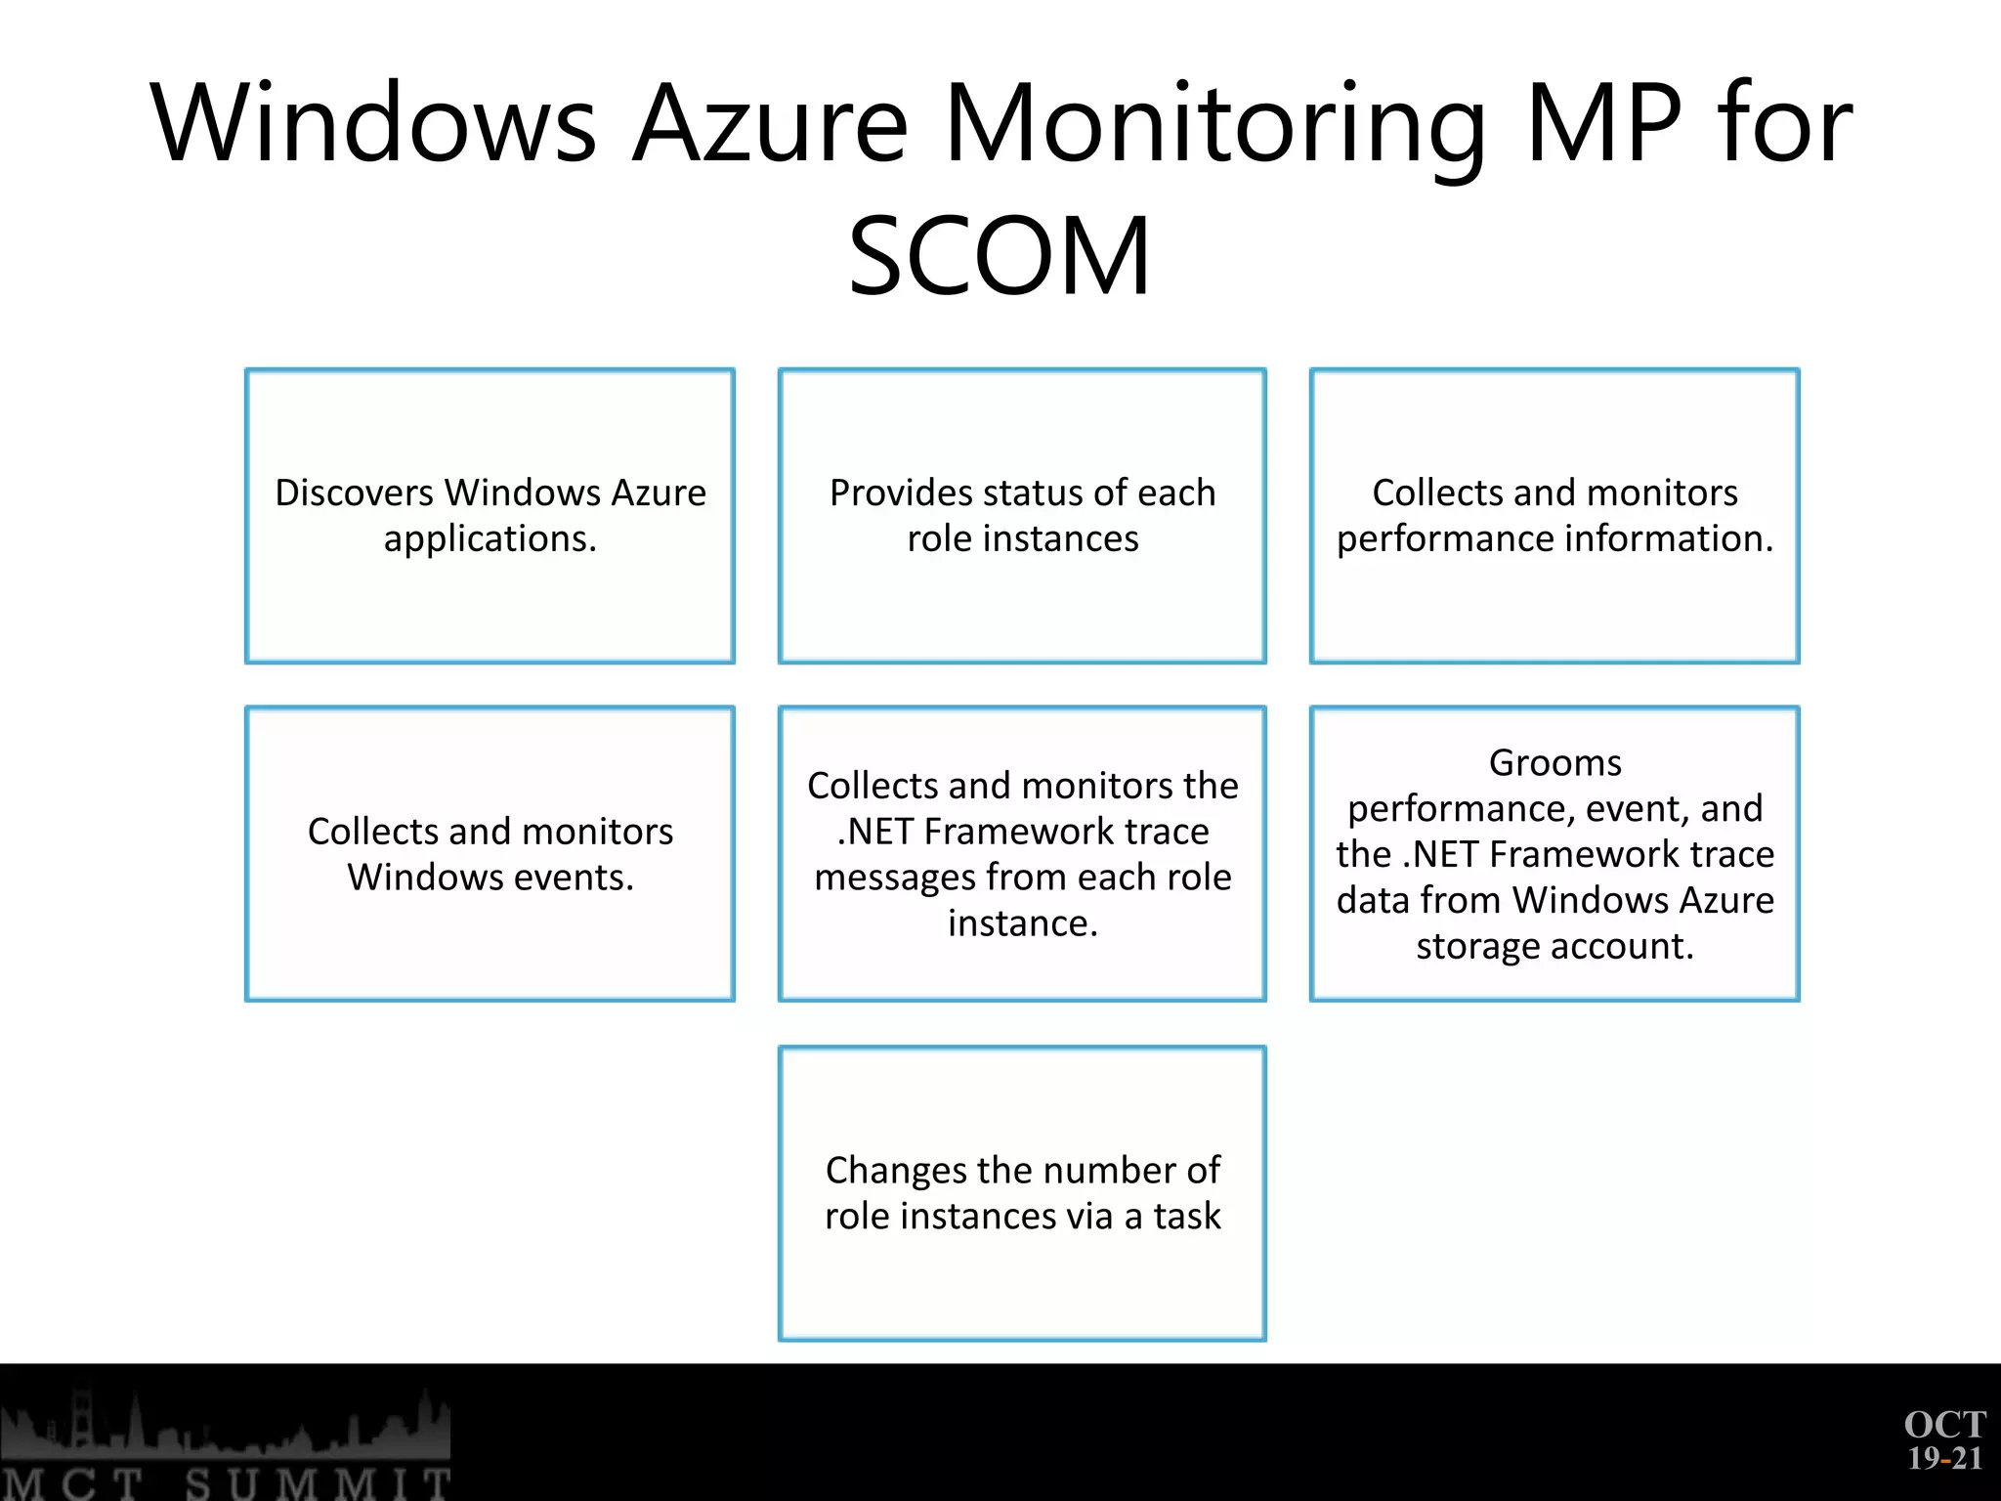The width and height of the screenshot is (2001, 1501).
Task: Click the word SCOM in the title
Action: point(1000,256)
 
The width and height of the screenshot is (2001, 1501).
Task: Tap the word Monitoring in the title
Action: point(1215,125)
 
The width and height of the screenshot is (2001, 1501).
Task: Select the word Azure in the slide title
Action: point(771,125)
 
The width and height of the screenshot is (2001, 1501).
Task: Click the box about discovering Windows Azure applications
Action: point(490,516)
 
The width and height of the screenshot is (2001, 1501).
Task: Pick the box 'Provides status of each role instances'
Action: point(1022,516)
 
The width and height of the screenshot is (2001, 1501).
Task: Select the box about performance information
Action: point(1554,516)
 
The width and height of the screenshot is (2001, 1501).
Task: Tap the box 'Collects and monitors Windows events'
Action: point(490,853)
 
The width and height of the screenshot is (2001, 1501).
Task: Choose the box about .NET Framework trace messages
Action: point(1022,853)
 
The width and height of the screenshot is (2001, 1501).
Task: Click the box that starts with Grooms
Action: point(1554,853)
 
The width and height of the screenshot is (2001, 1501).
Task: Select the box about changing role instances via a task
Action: point(1022,1193)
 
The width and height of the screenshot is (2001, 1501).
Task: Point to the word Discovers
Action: point(355,493)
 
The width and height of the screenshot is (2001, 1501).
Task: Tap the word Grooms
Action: point(1554,762)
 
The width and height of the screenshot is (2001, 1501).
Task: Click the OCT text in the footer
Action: point(1944,1425)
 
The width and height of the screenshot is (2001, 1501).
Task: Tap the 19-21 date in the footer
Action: point(1944,1459)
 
